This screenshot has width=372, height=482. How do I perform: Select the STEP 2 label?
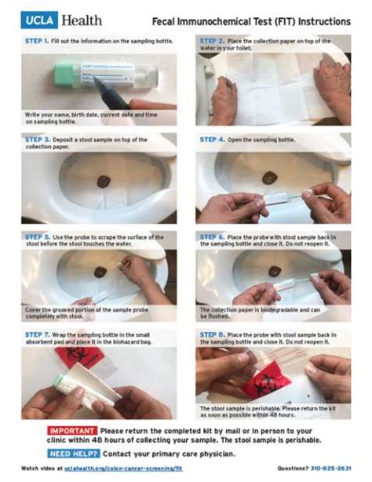pyautogui.click(x=213, y=40)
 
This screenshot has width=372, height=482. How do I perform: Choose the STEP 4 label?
pyautogui.click(x=213, y=140)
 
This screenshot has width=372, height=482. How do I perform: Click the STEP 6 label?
pyautogui.click(x=213, y=236)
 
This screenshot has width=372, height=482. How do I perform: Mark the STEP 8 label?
pyautogui.click(x=213, y=334)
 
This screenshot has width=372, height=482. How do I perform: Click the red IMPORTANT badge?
pyautogui.click(x=73, y=431)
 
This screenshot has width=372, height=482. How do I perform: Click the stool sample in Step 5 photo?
pyautogui.click(x=100, y=272)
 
